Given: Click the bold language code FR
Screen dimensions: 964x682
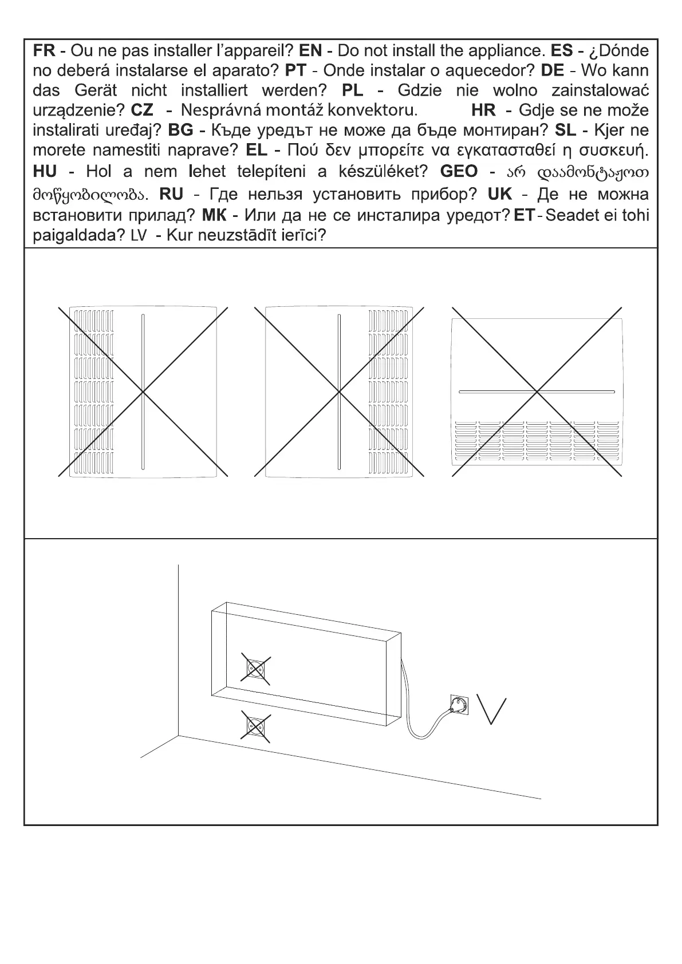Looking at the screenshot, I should (44, 51).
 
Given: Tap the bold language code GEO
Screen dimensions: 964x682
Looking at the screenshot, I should (459, 171).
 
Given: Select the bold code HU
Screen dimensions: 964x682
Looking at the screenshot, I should (45, 171).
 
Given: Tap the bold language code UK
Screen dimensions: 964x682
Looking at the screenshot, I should (499, 194).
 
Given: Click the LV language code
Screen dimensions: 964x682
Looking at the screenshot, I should (139, 236).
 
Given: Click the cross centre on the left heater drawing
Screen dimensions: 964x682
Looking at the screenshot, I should (143, 392).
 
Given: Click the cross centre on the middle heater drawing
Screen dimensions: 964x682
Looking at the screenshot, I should (340, 392).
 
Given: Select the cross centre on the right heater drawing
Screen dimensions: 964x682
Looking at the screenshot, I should (537, 392).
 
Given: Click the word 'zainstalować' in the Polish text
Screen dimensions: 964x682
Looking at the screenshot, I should (600, 90).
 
